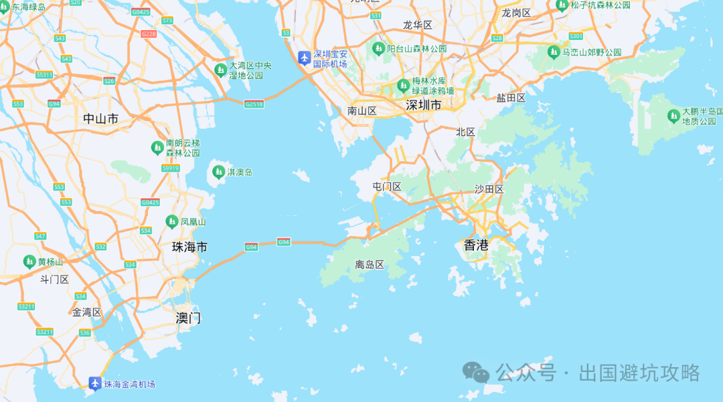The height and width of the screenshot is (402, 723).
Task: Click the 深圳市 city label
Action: pyautogui.click(x=424, y=105)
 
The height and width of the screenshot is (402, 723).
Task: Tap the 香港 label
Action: pyautogui.click(x=476, y=245)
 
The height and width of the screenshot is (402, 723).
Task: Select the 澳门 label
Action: pyautogui.click(x=188, y=318)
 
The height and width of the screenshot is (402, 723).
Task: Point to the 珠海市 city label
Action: pyautogui.click(x=189, y=247)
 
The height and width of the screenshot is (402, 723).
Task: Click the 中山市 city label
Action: pyautogui.click(x=100, y=119)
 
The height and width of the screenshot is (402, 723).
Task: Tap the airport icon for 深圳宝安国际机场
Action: pyautogui.click(x=304, y=58)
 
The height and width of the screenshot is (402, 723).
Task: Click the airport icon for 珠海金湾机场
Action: pyautogui.click(x=95, y=383)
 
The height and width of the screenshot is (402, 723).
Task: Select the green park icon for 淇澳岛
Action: pyautogui.click(x=218, y=173)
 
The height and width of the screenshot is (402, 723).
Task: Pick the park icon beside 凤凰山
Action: pyautogui.click(x=171, y=221)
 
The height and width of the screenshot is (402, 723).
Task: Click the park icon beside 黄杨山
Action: pyautogui.click(x=29, y=261)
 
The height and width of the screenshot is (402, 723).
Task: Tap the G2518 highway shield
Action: pyautogui.click(x=254, y=104)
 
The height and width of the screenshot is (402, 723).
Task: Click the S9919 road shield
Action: pyautogui.click(x=171, y=168)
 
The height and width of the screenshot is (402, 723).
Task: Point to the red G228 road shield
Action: pyautogui.click(x=149, y=34)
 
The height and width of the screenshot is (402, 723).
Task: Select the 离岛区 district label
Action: pyautogui.click(x=370, y=265)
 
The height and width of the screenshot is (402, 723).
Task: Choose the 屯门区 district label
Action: pyautogui.click(x=386, y=187)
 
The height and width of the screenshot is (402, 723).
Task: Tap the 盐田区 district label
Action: pyautogui.click(x=511, y=98)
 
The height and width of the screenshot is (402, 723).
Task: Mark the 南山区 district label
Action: pyautogui.click(x=362, y=110)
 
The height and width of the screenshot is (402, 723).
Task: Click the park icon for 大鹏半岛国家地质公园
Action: pyautogui.click(x=673, y=116)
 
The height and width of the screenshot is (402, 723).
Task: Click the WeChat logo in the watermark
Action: pyautogui.click(x=477, y=372)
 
